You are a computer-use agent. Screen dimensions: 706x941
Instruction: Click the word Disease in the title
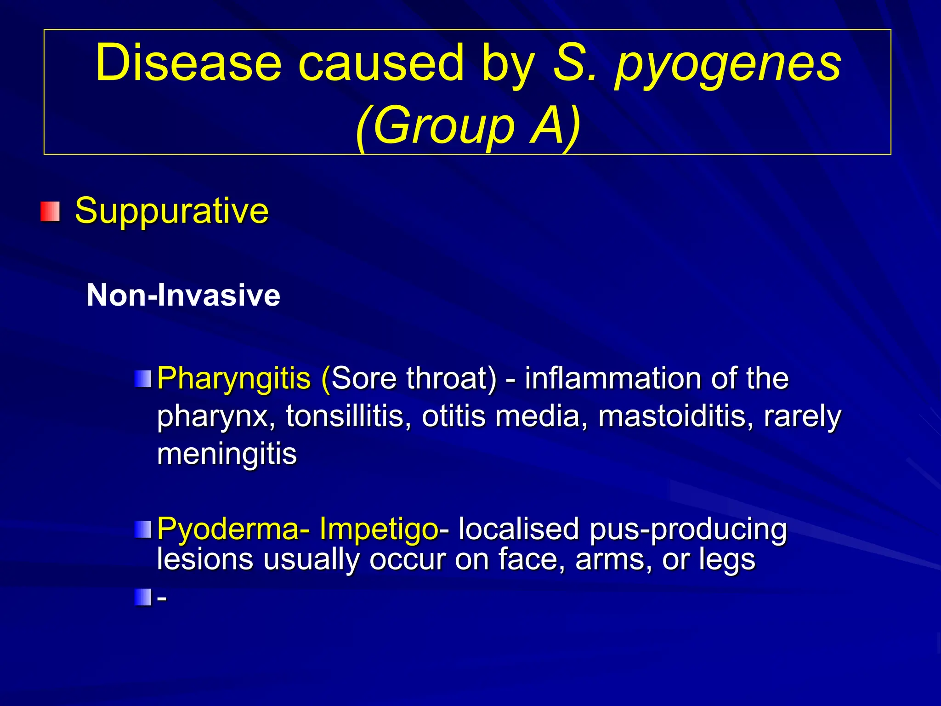(188, 63)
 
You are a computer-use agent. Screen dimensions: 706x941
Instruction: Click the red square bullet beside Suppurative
(50, 211)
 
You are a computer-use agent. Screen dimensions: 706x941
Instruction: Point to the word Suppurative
(171, 211)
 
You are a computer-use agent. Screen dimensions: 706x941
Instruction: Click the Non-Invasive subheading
(183, 295)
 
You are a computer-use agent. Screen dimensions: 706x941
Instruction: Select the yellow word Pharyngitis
(234, 379)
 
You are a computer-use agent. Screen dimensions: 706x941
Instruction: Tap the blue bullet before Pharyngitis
(143, 379)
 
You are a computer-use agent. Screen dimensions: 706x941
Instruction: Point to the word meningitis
(227, 454)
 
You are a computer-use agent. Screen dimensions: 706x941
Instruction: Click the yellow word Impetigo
(379, 529)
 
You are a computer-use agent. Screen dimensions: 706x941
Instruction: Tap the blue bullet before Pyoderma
(143, 529)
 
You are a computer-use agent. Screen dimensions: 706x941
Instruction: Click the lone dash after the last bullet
(162, 598)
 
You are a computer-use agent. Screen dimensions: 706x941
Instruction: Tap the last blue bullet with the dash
(143, 598)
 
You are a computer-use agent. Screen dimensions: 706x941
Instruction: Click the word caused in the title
(381, 63)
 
